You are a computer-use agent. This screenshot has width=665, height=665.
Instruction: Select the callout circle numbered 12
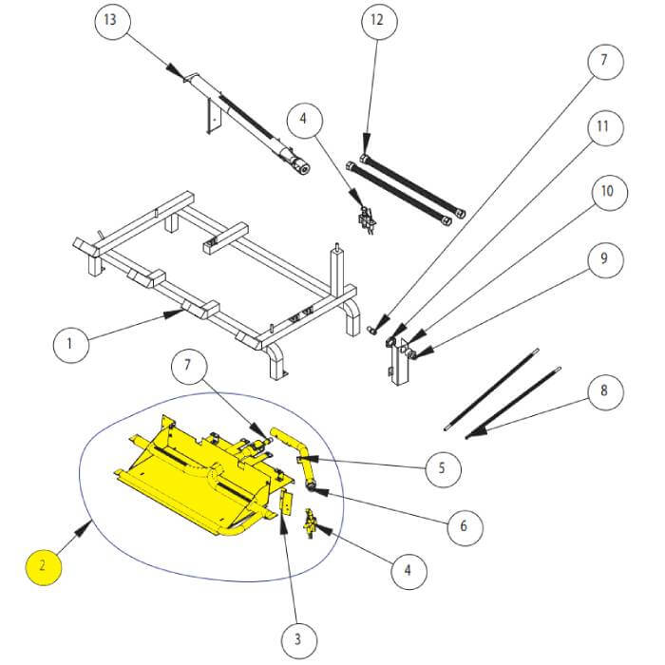click(379, 21)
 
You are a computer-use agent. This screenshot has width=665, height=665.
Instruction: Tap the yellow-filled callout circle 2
click(44, 566)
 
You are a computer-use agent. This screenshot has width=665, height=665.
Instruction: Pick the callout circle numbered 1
click(71, 344)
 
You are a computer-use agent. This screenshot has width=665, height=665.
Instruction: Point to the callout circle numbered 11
click(605, 126)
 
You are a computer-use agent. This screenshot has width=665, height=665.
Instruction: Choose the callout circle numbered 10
click(610, 192)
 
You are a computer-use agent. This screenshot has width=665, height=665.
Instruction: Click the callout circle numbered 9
click(606, 259)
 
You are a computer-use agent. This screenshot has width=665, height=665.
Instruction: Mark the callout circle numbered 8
click(606, 391)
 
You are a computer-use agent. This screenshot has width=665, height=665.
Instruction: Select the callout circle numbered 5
click(444, 468)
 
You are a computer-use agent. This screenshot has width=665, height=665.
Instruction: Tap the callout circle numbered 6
click(465, 527)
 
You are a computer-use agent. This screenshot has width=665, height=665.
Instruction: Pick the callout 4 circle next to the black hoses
click(305, 120)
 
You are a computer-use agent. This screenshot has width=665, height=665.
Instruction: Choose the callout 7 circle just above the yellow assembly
click(189, 366)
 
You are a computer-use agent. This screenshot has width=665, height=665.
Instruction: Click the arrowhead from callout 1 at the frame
click(174, 313)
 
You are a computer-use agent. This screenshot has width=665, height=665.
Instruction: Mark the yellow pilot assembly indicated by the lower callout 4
click(310, 524)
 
